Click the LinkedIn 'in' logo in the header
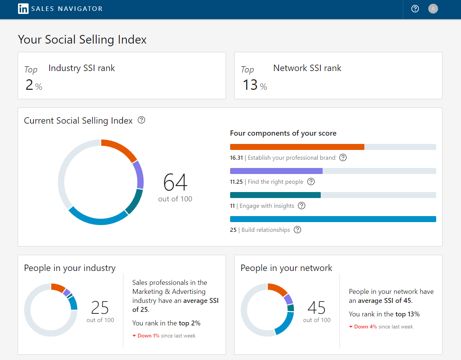point(23,9)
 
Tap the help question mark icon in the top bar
point(415,9)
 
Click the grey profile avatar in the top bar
point(433,9)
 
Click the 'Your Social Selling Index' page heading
point(82,39)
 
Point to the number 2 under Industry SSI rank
point(29,85)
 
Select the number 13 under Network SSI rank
point(250,85)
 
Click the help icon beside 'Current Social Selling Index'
point(141,120)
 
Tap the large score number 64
point(175,182)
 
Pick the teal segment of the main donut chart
point(134,201)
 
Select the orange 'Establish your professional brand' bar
point(297,147)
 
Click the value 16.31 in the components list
point(237,158)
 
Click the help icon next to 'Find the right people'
point(311,182)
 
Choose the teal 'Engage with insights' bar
point(275,195)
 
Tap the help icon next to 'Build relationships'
point(297,230)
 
